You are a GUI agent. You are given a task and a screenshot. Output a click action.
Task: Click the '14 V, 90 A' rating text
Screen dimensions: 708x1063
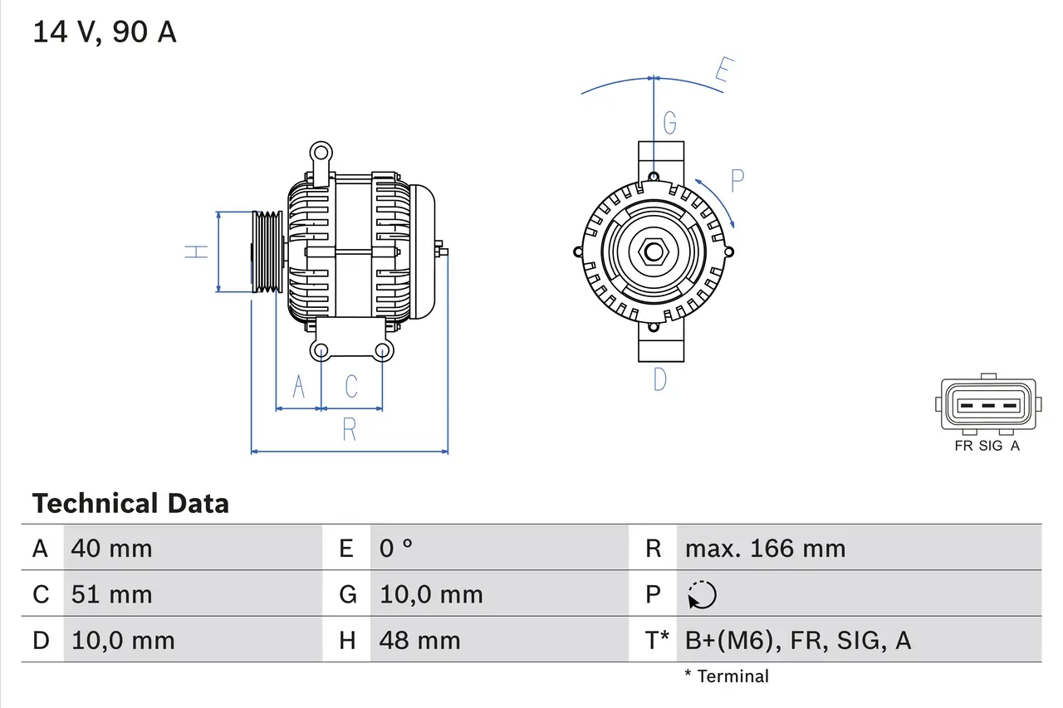click(105, 32)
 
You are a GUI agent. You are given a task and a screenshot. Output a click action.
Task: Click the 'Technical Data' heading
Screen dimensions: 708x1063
click(130, 503)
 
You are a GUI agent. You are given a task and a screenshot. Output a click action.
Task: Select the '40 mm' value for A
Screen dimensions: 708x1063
click(112, 548)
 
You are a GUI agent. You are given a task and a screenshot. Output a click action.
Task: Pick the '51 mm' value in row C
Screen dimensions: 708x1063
click(112, 594)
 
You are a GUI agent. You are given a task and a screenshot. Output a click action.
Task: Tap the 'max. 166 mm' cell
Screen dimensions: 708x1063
click(765, 548)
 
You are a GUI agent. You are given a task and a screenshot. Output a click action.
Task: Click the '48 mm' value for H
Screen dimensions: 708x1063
click(419, 640)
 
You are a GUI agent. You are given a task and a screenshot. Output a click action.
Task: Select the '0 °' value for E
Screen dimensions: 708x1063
click(396, 548)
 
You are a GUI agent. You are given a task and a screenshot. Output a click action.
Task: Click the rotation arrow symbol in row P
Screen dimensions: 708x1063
click(702, 594)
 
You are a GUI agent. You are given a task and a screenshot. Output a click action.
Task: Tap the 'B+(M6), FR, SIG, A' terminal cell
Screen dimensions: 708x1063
click(797, 640)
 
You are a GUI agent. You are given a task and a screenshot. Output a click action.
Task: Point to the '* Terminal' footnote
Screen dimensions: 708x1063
click(727, 676)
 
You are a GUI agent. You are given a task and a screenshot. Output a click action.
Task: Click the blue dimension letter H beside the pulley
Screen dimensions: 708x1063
click(196, 251)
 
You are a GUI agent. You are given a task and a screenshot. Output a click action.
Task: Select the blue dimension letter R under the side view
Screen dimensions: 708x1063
click(350, 430)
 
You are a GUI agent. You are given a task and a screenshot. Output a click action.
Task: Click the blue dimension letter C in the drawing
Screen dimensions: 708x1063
click(351, 386)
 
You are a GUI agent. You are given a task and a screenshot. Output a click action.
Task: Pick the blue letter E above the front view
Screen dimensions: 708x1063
click(723, 73)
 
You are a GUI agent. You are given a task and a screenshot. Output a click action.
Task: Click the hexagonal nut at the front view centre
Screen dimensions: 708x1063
click(654, 251)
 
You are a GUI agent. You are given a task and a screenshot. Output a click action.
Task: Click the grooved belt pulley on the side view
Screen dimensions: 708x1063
click(267, 251)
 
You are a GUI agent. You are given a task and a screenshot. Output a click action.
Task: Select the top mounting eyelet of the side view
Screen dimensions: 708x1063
click(321, 152)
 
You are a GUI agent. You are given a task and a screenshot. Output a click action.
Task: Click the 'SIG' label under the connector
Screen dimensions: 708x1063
click(991, 446)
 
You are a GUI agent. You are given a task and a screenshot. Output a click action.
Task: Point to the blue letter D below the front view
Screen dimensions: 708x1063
click(659, 379)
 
